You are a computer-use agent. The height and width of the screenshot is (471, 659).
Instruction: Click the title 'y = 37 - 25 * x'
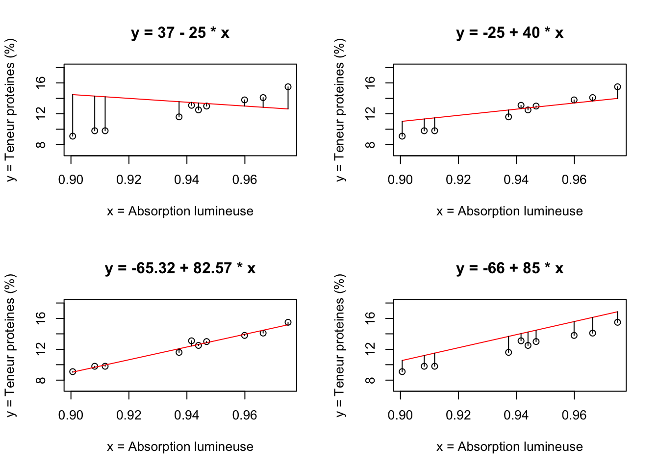(x=180, y=33)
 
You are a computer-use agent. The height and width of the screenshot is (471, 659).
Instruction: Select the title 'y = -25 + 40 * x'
(x=509, y=33)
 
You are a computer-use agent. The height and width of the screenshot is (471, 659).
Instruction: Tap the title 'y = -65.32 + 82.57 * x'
(x=180, y=268)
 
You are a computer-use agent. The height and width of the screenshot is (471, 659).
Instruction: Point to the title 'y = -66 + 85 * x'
(x=509, y=268)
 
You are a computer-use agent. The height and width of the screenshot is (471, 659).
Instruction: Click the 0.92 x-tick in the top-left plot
(x=129, y=180)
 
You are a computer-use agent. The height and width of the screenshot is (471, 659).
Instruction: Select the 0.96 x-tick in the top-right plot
(x=574, y=180)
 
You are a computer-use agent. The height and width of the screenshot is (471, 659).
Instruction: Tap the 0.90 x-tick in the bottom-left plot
(x=71, y=416)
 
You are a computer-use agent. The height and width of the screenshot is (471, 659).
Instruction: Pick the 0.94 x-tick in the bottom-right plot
(x=516, y=416)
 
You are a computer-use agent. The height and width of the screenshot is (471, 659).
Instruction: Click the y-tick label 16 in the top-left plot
(x=41, y=83)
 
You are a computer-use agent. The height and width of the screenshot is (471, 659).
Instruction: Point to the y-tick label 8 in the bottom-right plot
(x=371, y=380)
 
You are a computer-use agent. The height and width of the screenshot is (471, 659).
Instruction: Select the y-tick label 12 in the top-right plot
(x=371, y=114)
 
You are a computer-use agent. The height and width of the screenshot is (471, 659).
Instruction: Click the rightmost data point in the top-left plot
(x=288, y=87)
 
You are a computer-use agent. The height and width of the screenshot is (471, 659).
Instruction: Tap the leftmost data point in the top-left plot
(x=73, y=136)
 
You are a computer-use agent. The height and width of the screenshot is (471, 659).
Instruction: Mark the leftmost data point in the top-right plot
(x=402, y=136)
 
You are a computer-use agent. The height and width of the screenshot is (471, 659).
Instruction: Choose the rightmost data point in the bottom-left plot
(x=288, y=322)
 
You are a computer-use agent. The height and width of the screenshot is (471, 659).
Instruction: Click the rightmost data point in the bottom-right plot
(x=617, y=322)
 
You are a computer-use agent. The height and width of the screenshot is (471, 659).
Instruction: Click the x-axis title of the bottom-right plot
(x=509, y=447)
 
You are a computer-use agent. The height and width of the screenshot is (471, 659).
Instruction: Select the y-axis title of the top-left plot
(x=11, y=110)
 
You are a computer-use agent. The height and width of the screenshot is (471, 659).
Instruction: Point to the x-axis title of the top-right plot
(x=509, y=211)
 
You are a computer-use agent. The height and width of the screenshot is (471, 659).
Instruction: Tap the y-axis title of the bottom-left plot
(x=11, y=345)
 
